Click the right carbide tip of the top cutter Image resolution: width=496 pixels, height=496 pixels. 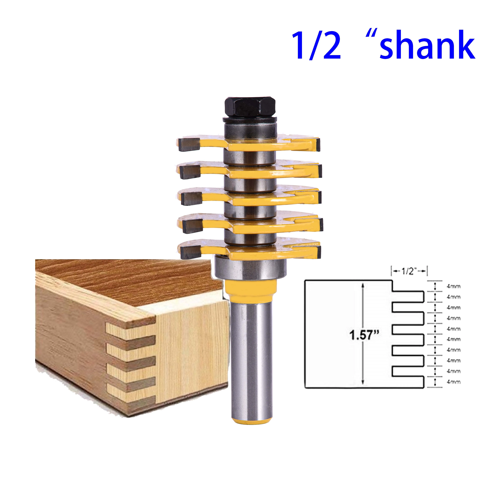(318, 144)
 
